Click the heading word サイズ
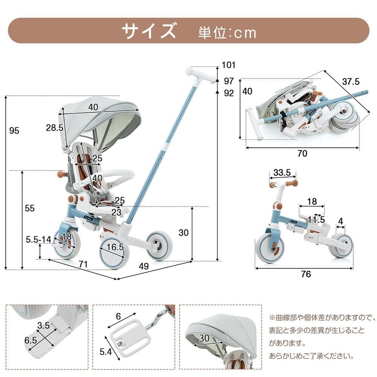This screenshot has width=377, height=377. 149,31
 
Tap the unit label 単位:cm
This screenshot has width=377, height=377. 227,33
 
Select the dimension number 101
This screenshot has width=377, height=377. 228,65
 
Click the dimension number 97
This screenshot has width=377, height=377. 228,81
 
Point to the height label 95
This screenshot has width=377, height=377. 14,131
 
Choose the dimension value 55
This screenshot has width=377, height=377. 29,208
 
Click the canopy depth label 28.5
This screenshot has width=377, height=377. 55,128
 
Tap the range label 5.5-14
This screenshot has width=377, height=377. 38,239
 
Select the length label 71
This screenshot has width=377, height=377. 83,264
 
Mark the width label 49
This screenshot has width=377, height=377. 144,266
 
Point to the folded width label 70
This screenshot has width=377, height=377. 302,153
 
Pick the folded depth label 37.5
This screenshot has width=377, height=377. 351,81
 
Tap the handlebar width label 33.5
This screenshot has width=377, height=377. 282,173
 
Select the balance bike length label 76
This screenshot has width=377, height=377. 306,274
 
